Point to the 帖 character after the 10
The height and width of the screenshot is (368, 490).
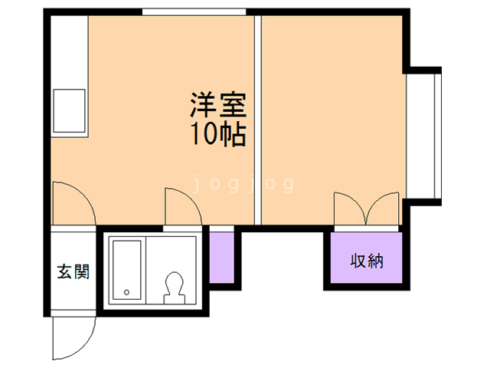pos(234,136)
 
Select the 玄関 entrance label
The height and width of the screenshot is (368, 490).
pos(73,271)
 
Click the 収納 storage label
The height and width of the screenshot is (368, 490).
pos(366,261)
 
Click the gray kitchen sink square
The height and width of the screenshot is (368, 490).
pos(69,112)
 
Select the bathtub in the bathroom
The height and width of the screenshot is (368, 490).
pos(126,270)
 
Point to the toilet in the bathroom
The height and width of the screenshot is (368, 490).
pos(175,287)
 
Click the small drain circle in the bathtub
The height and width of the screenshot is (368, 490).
pos(127,292)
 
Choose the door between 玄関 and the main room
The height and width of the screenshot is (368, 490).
pos(73,205)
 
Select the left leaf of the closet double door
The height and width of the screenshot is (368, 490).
pos(349,209)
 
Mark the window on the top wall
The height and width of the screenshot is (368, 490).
pos(194,11)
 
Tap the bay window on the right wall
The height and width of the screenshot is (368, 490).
pos(435,136)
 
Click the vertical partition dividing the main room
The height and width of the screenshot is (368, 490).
pos(258,119)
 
